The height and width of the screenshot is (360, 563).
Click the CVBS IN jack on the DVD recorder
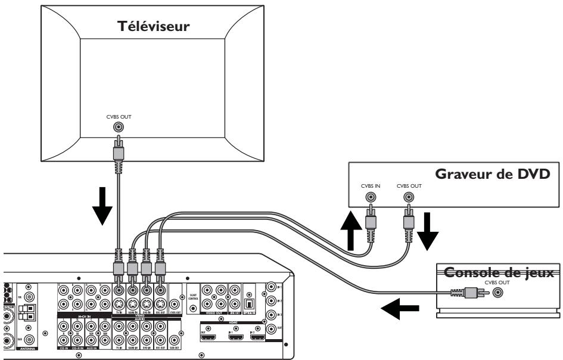point(371,196)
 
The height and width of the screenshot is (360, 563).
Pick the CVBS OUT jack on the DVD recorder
point(409,196)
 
